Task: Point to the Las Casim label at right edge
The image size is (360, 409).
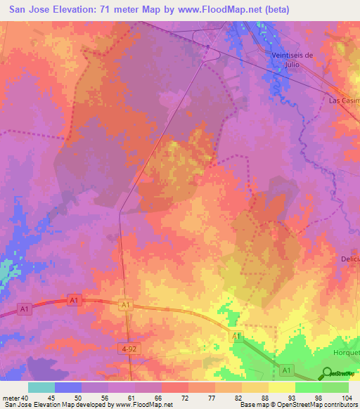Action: coord(344,100)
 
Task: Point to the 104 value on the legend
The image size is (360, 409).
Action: coord(347,397)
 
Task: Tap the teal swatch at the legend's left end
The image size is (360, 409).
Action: coord(41,387)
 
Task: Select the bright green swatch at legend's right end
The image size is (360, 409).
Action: coord(335,387)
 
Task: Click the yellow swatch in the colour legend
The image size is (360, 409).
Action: coord(281,387)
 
